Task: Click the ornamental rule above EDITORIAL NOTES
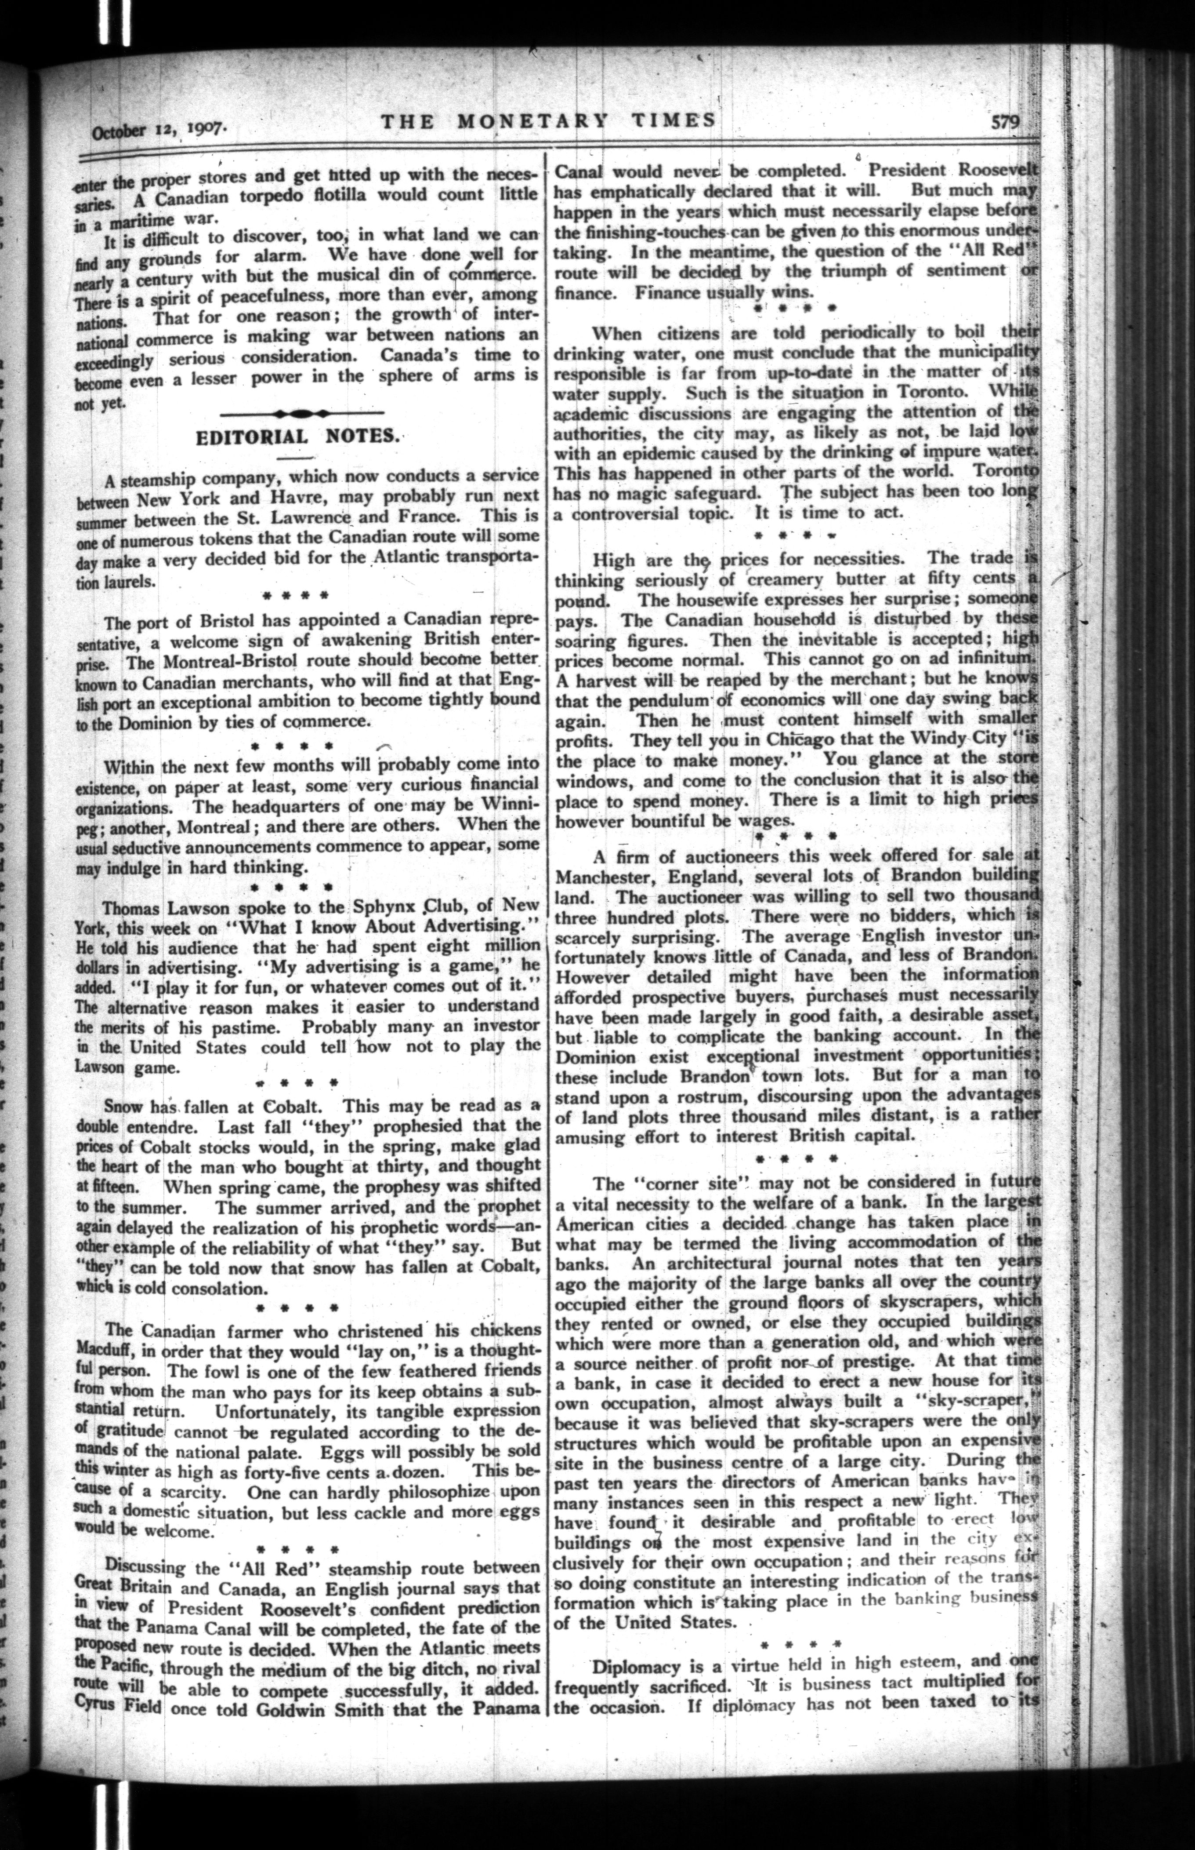301,412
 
